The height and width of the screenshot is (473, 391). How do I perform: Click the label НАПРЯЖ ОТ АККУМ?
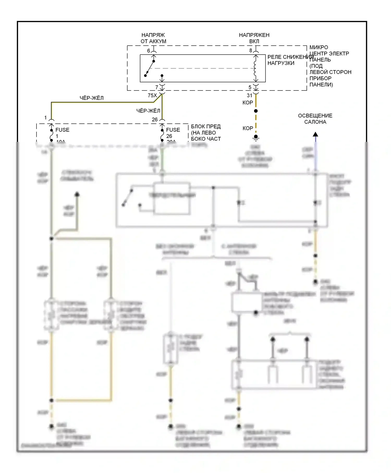(x=153, y=38)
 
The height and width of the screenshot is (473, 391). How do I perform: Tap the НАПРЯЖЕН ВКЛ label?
(x=254, y=38)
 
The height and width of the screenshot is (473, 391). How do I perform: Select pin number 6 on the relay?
(x=149, y=51)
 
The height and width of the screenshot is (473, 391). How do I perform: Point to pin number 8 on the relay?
(x=251, y=50)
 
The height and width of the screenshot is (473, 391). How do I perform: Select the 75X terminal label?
(x=152, y=95)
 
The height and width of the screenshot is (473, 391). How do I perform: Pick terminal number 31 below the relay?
(x=249, y=95)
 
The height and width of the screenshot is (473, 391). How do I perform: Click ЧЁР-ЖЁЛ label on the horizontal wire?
(x=91, y=98)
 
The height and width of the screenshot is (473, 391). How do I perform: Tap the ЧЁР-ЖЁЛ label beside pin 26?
(x=148, y=111)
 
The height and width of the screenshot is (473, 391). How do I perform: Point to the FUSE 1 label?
(x=62, y=133)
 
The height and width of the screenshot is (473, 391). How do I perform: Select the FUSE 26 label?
(x=173, y=133)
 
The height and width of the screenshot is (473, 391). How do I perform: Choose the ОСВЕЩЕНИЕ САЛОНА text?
(x=315, y=119)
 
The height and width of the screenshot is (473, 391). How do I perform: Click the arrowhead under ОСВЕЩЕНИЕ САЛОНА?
(x=315, y=135)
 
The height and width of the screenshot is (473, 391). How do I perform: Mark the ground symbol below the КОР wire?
(x=256, y=138)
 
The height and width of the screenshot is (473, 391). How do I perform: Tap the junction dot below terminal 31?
(x=256, y=111)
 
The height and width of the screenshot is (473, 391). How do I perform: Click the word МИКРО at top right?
(x=319, y=47)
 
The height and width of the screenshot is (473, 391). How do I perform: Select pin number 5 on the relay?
(x=250, y=87)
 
